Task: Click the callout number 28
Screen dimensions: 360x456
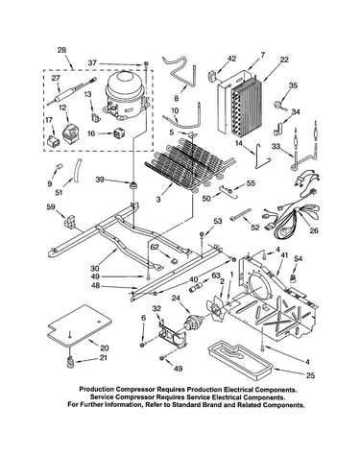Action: click(61, 50)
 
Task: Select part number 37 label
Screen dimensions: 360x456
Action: click(92, 63)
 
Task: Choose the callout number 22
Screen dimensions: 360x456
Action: click(284, 60)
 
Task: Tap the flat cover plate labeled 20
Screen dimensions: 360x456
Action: click(80, 326)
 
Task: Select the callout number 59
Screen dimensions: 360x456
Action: click(51, 207)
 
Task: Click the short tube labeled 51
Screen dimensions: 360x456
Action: click(77, 171)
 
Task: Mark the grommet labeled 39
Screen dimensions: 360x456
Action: click(132, 185)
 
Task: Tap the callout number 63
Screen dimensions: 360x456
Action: click(217, 276)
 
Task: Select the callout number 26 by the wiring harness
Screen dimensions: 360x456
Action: click(314, 230)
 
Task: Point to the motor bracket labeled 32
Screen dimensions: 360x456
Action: click(172, 334)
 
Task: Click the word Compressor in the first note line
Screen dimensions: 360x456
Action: click(135, 390)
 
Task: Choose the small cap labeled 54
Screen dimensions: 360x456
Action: click(292, 278)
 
